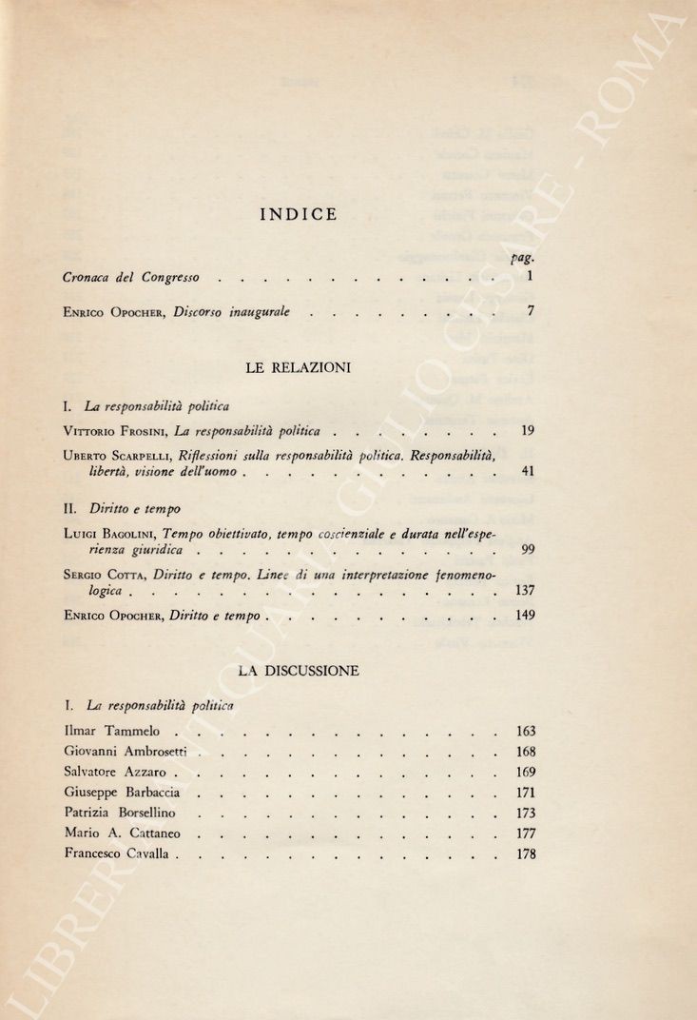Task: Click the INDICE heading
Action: coord(298,214)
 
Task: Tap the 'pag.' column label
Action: coord(523,256)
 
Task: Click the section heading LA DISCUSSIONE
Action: coord(298,671)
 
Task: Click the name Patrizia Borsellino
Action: coord(120,814)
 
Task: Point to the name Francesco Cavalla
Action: coord(117,854)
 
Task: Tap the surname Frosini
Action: coord(144,431)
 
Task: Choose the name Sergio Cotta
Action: coord(106,576)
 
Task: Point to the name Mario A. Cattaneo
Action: coord(122,834)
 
